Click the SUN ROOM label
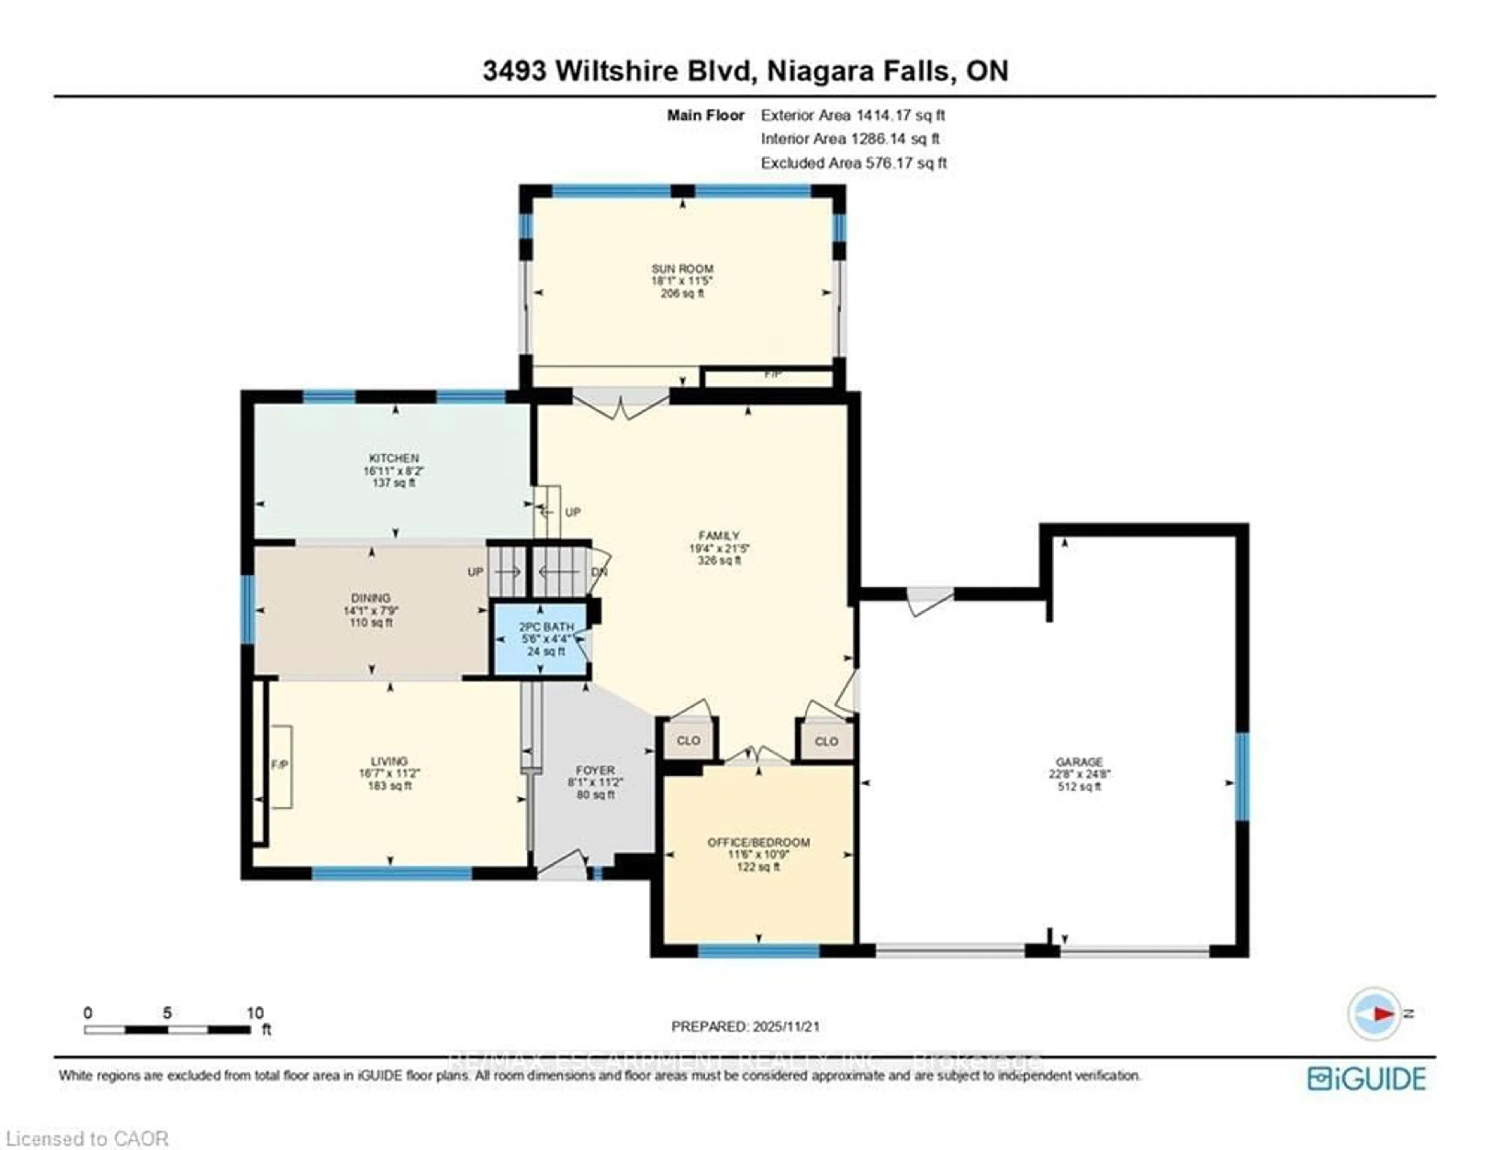pos(682,269)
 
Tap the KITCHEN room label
pos(394,458)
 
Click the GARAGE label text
pos(1079,762)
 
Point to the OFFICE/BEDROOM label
pos(758,842)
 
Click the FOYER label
pos(595,770)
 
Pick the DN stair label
pos(599,572)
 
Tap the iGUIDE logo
pos(1366,1079)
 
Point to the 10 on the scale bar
pos(255,1013)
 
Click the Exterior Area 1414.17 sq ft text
pos(852,115)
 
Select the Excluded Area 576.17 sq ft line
pos(853,163)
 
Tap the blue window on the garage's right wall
pos(1242,776)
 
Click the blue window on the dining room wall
pos(248,609)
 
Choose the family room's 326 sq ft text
pos(719,561)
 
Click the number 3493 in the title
pos(514,71)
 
